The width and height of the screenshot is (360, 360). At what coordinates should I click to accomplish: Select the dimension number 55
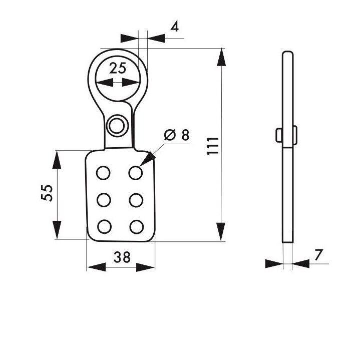47,193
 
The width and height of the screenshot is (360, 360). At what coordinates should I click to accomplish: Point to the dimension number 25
118,69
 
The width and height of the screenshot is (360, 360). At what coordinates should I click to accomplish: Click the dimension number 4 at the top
174,27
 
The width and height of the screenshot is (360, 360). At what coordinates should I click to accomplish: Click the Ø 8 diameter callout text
177,135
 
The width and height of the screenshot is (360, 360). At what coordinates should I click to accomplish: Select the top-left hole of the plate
103,173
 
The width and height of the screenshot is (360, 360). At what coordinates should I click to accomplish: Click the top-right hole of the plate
135,173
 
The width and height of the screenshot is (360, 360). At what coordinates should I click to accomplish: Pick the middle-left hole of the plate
103,200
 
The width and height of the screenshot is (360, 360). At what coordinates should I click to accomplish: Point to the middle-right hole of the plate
135,200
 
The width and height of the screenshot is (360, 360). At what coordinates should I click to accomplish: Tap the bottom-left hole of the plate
103,227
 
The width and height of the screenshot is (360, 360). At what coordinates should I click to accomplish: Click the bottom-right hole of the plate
135,227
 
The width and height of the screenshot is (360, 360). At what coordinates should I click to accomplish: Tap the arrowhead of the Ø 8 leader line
147,161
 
